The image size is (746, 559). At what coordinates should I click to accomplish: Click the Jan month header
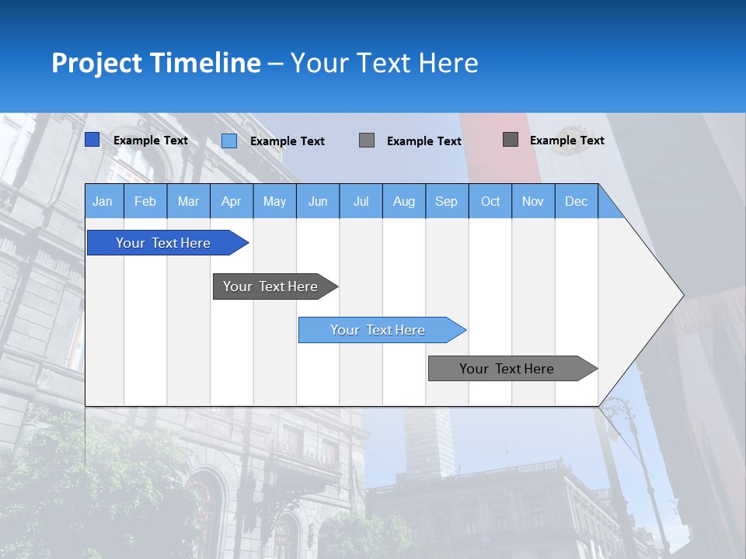[x=103, y=201]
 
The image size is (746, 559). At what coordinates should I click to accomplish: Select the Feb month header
[x=145, y=201]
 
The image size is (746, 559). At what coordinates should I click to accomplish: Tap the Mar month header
[x=188, y=201]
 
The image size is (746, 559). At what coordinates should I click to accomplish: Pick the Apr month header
[x=232, y=201]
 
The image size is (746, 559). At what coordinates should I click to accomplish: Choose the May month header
[x=274, y=201]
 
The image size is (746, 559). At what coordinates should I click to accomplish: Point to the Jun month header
[x=318, y=201]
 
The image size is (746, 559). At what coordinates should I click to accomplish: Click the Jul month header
[x=361, y=201]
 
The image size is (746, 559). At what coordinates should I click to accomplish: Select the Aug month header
[x=404, y=201]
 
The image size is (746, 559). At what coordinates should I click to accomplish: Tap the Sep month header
[x=447, y=201]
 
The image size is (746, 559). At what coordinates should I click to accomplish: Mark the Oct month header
[x=490, y=201]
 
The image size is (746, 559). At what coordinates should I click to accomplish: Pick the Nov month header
[x=533, y=201]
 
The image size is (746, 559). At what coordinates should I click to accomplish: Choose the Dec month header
[x=577, y=201]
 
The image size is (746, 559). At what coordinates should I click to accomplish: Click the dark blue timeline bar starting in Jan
[x=164, y=243]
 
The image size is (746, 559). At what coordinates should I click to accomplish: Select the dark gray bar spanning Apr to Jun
[x=271, y=286]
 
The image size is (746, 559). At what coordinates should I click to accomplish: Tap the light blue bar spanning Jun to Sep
[x=378, y=330]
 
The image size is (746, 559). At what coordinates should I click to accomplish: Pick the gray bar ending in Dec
[x=507, y=369]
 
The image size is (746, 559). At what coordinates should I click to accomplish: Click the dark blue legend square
[x=92, y=140]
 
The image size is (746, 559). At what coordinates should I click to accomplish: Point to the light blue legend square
[x=229, y=141]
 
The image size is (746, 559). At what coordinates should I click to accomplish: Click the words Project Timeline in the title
[x=156, y=63]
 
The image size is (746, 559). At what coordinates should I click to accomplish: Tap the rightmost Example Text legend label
[x=567, y=141]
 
